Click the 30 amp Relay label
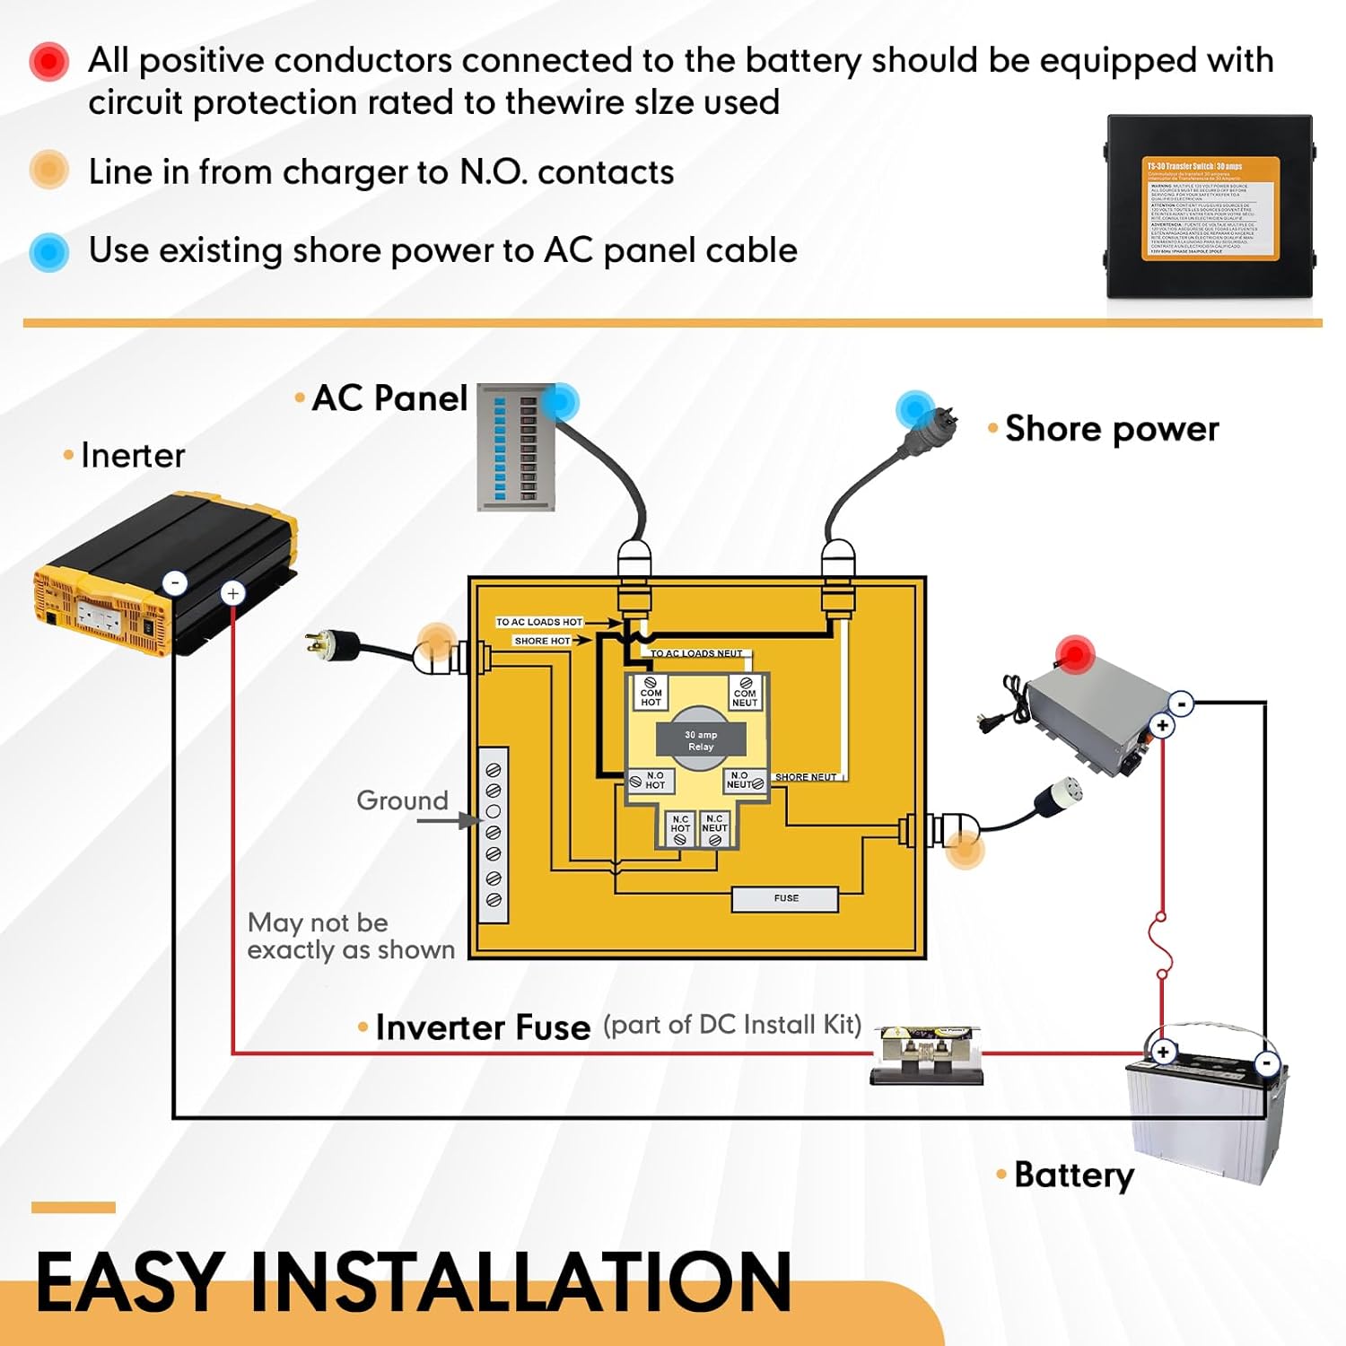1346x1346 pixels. (x=701, y=740)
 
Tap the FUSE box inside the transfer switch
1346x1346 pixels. (x=785, y=898)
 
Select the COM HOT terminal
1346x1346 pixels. (x=651, y=693)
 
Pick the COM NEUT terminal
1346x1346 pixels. (x=745, y=693)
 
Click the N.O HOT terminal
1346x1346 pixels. (x=649, y=781)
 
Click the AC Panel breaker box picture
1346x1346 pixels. (x=516, y=447)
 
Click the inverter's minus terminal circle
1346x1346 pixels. (x=175, y=582)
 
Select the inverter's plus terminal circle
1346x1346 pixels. (x=232, y=593)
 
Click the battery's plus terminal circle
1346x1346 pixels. (x=1163, y=1052)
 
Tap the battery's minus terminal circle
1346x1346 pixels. (x=1267, y=1063)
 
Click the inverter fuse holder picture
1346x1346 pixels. (x=927, y=1055)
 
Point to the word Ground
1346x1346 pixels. (x=402, y=800)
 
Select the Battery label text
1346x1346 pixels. (x=1074, y=1175)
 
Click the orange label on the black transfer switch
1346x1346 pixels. (x=1210, y=208)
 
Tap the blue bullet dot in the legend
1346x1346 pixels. (x=49, y=252)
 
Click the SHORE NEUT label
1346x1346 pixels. (x=805, y=777)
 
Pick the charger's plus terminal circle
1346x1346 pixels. (x=1162, y=725)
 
